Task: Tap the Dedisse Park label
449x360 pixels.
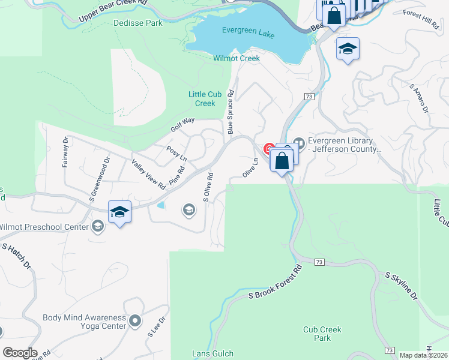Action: [x=137, y=23]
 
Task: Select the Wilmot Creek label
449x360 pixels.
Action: [x=237, y=58]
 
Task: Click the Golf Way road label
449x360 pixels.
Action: [x=182, y=125]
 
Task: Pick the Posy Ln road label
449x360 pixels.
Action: [x=176, y=153]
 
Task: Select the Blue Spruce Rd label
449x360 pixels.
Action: [x=230, y=108]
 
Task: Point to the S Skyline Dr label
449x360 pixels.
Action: [x=400, y=286]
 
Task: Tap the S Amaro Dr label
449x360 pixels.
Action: [x=418, y=98]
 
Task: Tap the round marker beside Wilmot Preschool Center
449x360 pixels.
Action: [x=98, y=226]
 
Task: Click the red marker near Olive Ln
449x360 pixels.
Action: [x=268, y=148]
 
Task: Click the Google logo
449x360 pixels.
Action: [x=19, y=353]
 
